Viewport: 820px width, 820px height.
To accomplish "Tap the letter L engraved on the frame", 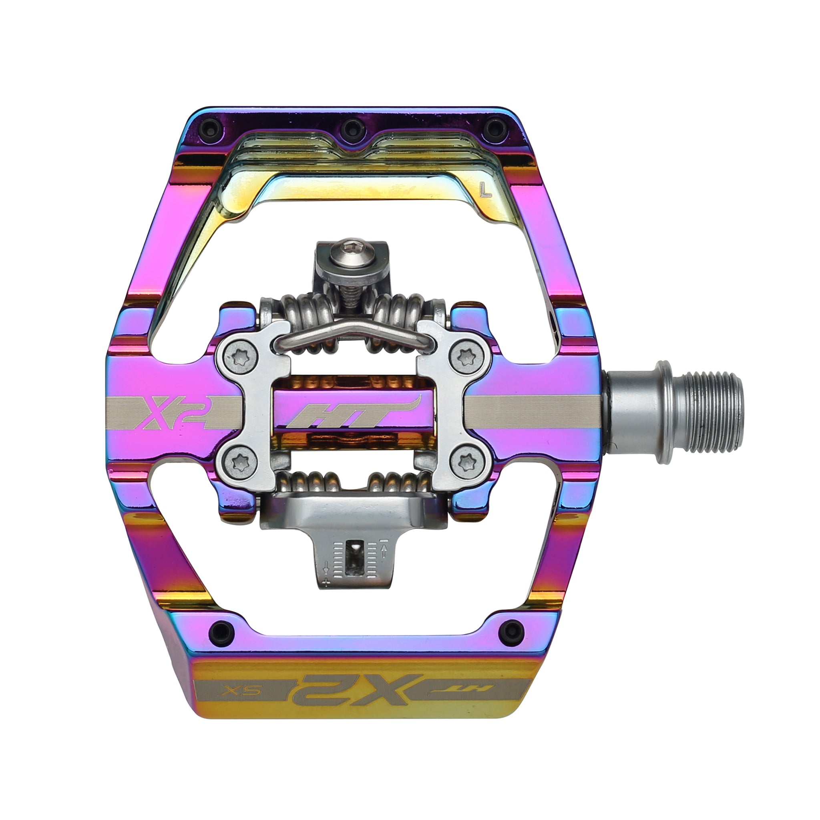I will pyautogui.click(x=483, y=190).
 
